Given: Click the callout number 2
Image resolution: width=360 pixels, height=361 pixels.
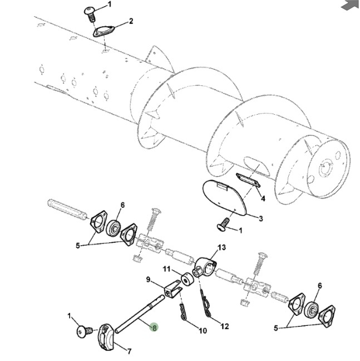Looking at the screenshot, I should [x=131, y=22].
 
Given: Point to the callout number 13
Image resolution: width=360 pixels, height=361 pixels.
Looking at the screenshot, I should [x=222, y=247].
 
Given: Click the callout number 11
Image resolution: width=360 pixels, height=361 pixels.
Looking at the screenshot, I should [x=166, y=269].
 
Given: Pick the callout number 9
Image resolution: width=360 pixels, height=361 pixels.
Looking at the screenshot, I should [x=149, y=280].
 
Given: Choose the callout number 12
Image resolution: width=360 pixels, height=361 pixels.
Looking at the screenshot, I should [x=225, y=326].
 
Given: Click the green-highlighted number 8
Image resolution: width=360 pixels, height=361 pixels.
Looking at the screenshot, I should [x=154, y=328].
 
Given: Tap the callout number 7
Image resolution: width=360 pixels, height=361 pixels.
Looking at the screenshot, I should [x=129, y=352].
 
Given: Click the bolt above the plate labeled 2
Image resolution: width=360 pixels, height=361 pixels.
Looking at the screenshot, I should [x=90, y=11].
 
